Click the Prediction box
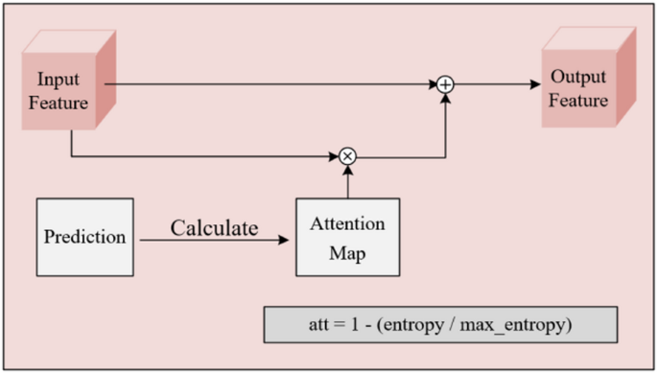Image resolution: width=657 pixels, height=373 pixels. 84,237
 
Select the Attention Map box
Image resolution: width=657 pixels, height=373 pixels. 347,236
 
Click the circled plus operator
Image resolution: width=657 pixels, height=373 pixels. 445,85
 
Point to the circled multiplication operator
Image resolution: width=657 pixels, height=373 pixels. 347,154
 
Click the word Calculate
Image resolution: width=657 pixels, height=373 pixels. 214,228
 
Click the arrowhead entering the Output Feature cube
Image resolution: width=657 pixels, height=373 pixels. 535,84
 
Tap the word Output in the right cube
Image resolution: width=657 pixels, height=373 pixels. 577,77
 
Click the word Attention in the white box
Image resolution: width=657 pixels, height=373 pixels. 347,224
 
